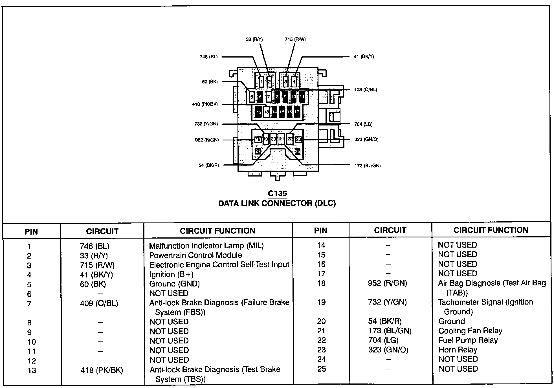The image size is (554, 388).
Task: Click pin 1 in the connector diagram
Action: [x=261, y=82]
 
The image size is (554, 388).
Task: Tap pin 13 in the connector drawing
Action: [x=266, y=112]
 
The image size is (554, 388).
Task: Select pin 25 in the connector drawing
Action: [x=297, y=151]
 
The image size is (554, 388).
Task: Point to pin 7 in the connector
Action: [x=269, y=97]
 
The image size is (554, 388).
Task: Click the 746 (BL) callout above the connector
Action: [x=208, y=57]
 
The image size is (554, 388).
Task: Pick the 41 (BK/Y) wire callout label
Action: [x=364, y=56]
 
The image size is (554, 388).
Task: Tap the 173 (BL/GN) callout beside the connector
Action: [x=368, y=166]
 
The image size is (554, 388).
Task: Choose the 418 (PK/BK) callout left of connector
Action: [x=205, y=104]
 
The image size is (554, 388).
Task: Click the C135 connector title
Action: [x=277, y=193]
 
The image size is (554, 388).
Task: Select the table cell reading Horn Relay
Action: [x=458, y=350]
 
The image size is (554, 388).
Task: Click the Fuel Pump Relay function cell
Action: [x=468, y=340]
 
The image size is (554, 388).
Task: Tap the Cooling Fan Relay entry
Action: [x=470, y=331]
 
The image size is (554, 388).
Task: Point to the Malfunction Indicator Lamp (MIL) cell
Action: [x=206, y=246]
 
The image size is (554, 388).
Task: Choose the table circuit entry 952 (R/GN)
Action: [x=387, y=283]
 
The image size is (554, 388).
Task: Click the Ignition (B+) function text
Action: [x=171, y=274]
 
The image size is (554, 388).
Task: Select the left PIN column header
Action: [x=31, y=232]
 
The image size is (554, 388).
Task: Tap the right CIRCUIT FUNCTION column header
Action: [x=491, y=230]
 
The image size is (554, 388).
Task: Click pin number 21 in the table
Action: [x=321, y=331]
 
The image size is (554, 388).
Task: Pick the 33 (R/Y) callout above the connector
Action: [x=254, y=39]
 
